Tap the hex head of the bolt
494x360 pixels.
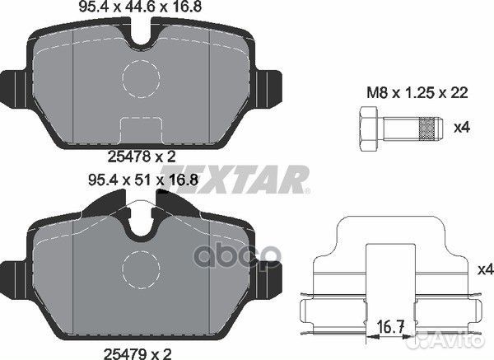click(x=367, y=129)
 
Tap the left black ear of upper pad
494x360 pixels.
click(x=15, y=82)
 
